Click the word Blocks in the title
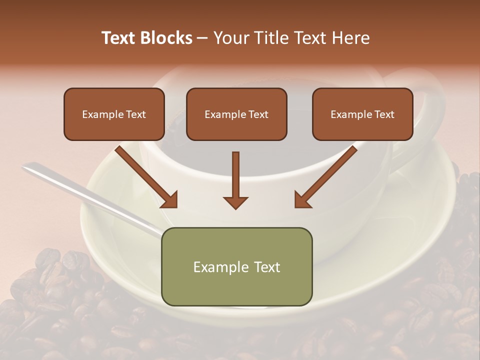(167, 38)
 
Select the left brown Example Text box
(114, 114)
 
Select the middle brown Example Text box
(236, 114)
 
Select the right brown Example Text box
(362, 114)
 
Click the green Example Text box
(236, 266)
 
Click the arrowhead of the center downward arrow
(235, 202)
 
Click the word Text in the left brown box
(136, 114)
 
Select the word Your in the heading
(231, 38)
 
